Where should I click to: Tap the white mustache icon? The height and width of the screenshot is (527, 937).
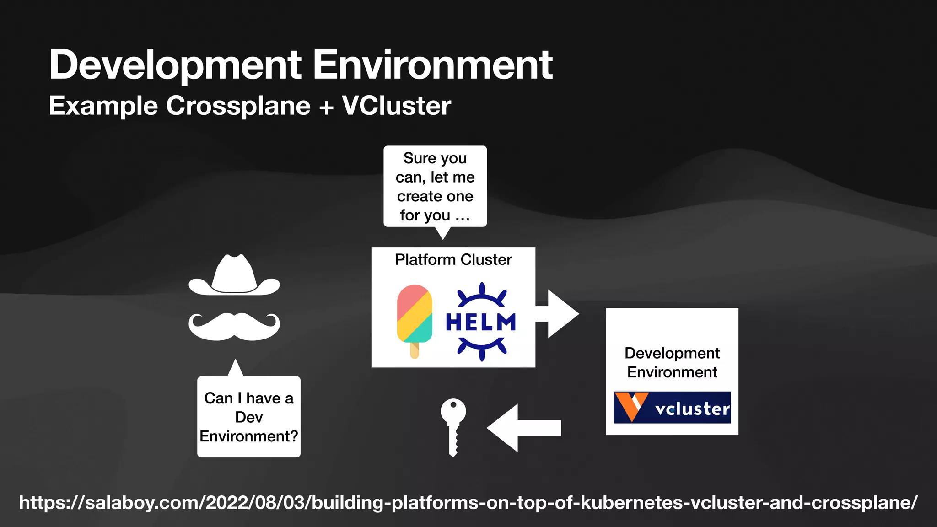(234, 327)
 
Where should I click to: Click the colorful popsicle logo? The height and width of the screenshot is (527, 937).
(415, 315)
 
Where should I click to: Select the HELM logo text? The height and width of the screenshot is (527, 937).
(481, 322)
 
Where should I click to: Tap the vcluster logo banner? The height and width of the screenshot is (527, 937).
(672, 407)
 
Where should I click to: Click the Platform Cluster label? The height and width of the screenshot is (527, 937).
(453, 259)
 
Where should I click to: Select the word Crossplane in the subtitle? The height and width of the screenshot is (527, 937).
(238, 106)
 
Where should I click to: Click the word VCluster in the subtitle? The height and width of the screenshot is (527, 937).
(396, 106)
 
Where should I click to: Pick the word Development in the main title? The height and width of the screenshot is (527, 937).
(175, 65)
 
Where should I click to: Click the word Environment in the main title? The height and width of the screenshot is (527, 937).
(432, 65)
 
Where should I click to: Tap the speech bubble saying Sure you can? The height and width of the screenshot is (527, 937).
(435, 186)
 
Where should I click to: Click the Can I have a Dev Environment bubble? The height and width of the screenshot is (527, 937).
(248, 417)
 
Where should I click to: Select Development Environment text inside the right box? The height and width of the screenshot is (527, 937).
(672, 362)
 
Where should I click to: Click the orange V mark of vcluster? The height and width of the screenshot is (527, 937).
(631, 406)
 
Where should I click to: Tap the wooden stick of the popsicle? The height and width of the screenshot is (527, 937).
(415, 350)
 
